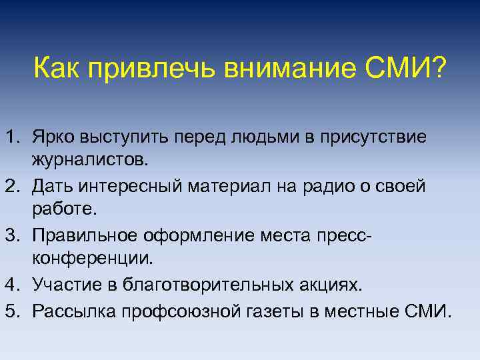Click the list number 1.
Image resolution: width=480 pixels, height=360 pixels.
coord(11,136)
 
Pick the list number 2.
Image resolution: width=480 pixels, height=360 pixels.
coord(11,185)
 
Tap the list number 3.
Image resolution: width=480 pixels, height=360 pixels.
coord(11,235)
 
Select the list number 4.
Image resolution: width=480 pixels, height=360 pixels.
coord(11,285)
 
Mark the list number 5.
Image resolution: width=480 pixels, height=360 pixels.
coord(11,310)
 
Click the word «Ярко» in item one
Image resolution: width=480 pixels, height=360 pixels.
coord(53,136)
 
